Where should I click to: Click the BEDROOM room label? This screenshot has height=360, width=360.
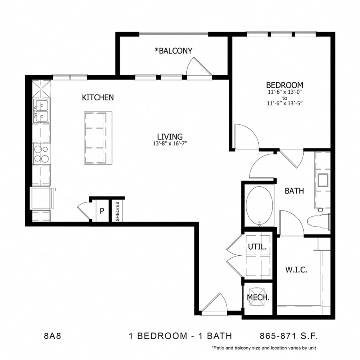284,85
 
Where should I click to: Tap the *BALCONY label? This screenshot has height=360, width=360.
174,51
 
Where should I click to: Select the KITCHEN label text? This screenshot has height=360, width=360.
98,97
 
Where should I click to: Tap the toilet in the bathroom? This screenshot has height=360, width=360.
318,220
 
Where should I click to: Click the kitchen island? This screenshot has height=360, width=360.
98,138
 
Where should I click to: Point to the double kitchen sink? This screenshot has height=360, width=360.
42,111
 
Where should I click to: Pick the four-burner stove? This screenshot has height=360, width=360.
42,154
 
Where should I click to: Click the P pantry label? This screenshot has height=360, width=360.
102,210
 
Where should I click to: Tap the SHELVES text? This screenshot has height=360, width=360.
118,211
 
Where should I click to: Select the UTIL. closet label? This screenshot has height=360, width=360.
257,247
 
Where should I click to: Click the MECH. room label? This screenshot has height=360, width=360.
258,298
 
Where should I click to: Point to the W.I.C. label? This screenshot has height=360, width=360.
296,270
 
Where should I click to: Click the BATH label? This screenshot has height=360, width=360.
294,191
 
